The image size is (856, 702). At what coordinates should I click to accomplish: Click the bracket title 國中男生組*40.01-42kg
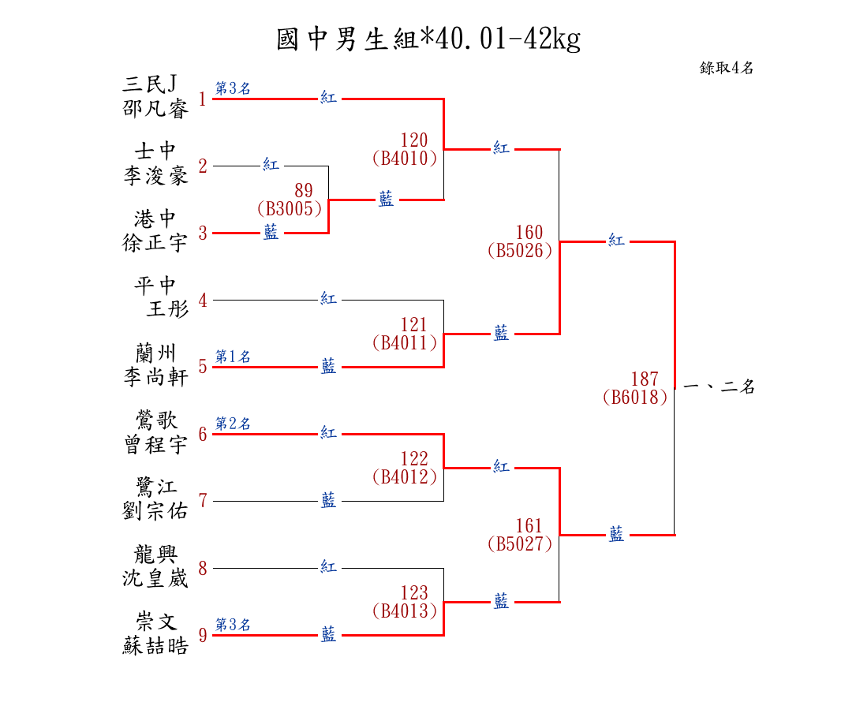(x=428, y=39)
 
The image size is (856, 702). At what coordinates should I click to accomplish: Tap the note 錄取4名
(x=727, y=68)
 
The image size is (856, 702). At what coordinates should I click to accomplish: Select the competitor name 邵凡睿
(x=156, y=109)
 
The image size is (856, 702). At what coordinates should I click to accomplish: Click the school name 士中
(x=155, y=151)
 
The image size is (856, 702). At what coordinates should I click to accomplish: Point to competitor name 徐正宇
(x=155, y=243)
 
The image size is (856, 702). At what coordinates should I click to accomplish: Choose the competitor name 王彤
(x=167, y=309)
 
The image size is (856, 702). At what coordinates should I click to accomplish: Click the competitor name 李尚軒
(x=155, y=377)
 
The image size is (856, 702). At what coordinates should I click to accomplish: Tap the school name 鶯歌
(x=155, y=420)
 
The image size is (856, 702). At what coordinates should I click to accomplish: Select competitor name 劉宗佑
(x=155, y=511)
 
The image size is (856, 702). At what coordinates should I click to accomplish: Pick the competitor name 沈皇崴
(x=155, y=578)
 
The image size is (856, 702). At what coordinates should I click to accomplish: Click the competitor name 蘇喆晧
(x=155, y=646)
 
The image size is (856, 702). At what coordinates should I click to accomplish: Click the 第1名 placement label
(x=233, y=357)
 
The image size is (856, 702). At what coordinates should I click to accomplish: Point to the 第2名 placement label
(x=233, y=424)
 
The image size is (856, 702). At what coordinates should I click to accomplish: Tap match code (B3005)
(x=290, y=209)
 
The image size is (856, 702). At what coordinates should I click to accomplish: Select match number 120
(x=413, y=141)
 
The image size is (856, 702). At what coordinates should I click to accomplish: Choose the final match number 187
(x=644, y=379)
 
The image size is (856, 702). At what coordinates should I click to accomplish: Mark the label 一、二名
(x=719, y=387)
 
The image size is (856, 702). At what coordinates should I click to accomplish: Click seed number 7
(x=203, y=501)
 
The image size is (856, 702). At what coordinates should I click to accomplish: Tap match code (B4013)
(x=405, y=611)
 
